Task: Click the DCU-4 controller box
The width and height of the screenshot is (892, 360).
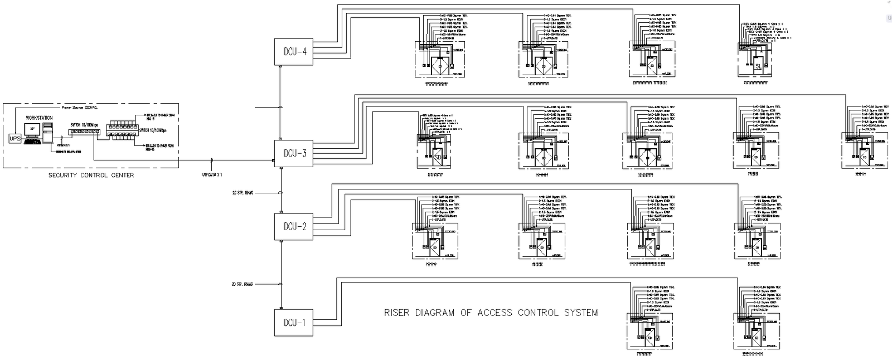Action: (294, 52)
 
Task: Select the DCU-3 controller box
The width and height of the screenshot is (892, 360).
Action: (294, 153)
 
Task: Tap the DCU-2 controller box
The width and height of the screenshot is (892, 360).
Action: (294, 227)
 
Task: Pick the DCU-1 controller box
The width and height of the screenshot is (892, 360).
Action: (294, 323)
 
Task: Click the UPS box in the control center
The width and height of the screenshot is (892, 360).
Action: (15, 138)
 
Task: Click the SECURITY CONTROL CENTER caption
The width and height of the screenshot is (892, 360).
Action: (91, 176)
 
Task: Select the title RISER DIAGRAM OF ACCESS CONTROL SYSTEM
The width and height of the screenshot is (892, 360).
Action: (491, 313)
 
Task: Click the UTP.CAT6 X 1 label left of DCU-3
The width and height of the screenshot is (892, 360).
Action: (212, 174)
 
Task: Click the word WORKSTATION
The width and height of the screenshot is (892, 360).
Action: (39, 118)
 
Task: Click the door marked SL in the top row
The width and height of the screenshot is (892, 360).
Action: (758, 66)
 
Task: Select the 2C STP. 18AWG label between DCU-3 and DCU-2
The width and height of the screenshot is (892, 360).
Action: (243, 192)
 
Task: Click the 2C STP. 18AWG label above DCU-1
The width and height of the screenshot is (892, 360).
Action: (243, 284)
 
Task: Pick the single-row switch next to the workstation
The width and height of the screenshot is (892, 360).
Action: (84, 132)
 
